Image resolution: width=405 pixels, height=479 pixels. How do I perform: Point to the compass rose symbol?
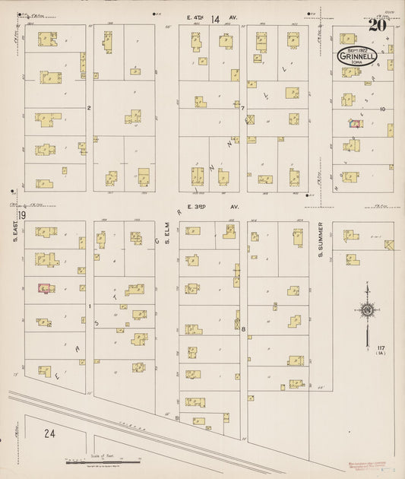pyautogui.click(x=367, y=309)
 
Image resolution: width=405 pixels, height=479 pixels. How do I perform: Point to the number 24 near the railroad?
pyautogui.click(x=49, y=434)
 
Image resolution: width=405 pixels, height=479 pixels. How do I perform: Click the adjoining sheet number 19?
pyautogui.click(x=23, y=216)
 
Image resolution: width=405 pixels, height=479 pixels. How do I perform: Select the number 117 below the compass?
pyautogui.click(x=380, y=347)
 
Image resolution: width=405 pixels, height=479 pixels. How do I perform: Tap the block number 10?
pyautogui.click(x=383, y=109)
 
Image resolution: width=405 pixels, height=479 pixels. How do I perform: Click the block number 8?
pyautogui.click(x=243, y=328)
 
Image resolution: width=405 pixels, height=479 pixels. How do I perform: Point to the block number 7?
pyautogui.click(x=242, y=108)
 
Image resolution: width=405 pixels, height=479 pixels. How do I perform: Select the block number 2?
pyautogui.click(x=89, y=108)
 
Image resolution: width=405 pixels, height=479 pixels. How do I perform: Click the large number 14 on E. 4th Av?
pyautogui.click(x=215, y=18)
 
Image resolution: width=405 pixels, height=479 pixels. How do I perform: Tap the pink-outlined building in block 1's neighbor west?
pyautogui.click(x=45, y=288)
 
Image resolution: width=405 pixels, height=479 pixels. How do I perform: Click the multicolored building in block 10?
pyautogui.click(x=353, y=122)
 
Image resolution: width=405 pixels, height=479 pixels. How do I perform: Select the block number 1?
pyautogui.click(x=89, y=306)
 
